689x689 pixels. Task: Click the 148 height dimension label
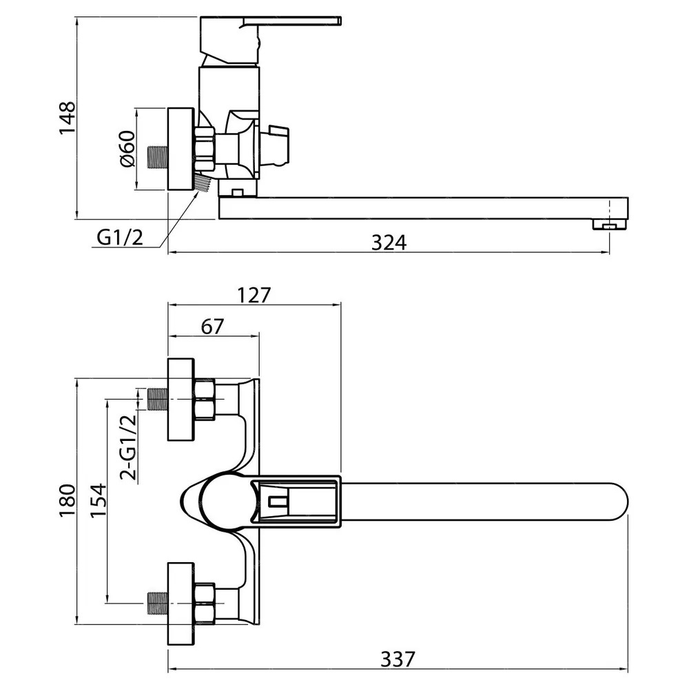point(68,119)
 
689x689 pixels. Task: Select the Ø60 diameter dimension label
point(127,149)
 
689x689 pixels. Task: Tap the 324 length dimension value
point(389,243)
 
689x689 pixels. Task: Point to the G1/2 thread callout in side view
point(120,238)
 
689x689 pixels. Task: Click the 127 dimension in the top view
point(254,296)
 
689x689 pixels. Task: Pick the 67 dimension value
point(213,327)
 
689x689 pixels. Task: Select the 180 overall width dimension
point(68,501)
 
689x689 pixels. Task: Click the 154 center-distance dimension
point(98,500)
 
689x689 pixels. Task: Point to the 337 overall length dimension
point(398,659)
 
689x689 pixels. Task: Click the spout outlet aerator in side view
point(610,225)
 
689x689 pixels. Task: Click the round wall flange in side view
point(181,149)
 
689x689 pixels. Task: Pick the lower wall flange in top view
point(181,604)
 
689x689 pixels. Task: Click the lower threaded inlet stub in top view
point(157,603)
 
